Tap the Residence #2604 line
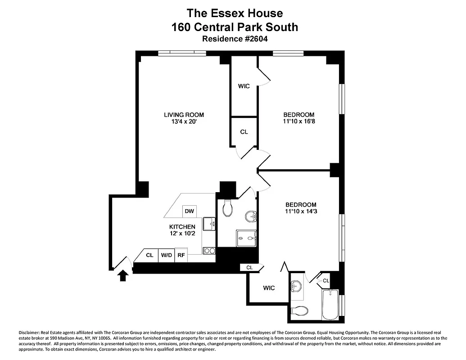tap(235, 39)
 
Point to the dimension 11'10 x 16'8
tap(299, 121)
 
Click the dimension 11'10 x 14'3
tap(300, 211)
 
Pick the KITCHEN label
tap(182, 226)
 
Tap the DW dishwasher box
tap(189, 211)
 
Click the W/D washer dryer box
tap(167, 255)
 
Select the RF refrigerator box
tap(181, 255)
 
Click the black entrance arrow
tap(122, 274)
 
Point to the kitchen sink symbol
tap(209, 223)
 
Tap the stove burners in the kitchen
tap(209, 251)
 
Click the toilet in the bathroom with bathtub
tap(299, 310)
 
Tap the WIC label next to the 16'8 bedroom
tap(244, 86)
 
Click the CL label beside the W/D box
tap(149, 255)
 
